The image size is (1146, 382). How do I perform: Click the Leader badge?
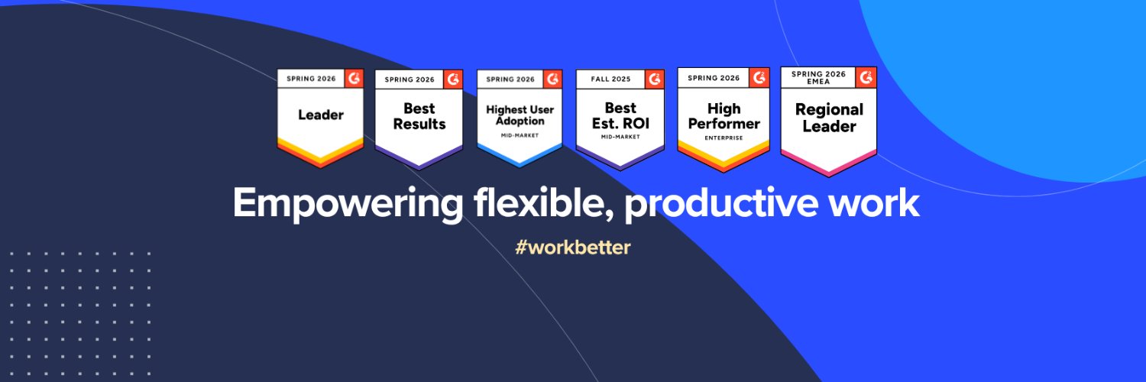tap(321, 118)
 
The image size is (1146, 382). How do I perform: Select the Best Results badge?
tap(419, 119)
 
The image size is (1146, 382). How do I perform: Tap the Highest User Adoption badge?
tap(520, 118)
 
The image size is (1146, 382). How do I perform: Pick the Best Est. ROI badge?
tap(620, 119)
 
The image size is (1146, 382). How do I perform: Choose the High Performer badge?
tap(724, 120)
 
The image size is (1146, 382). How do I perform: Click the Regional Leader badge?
tap(829, 121)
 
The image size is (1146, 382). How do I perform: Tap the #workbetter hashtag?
tap(572, 248)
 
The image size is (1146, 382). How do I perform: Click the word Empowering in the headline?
tap(348, 204)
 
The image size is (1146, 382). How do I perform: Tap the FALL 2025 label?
tap(611, 79)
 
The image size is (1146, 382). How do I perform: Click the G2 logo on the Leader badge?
tap(354, 78)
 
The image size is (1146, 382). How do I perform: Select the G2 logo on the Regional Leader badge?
tap(866, 77)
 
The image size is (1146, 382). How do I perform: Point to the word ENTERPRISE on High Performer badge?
tap(724, 138)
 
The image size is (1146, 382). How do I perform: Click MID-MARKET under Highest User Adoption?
tap(520, 135)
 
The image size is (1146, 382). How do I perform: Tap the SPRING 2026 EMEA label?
tap(818, 78)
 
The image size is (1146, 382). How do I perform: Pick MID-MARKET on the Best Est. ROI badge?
tap(620, 137)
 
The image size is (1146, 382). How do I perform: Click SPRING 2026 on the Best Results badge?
tap(410, 79)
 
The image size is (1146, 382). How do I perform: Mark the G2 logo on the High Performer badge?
tap(759, 78)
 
